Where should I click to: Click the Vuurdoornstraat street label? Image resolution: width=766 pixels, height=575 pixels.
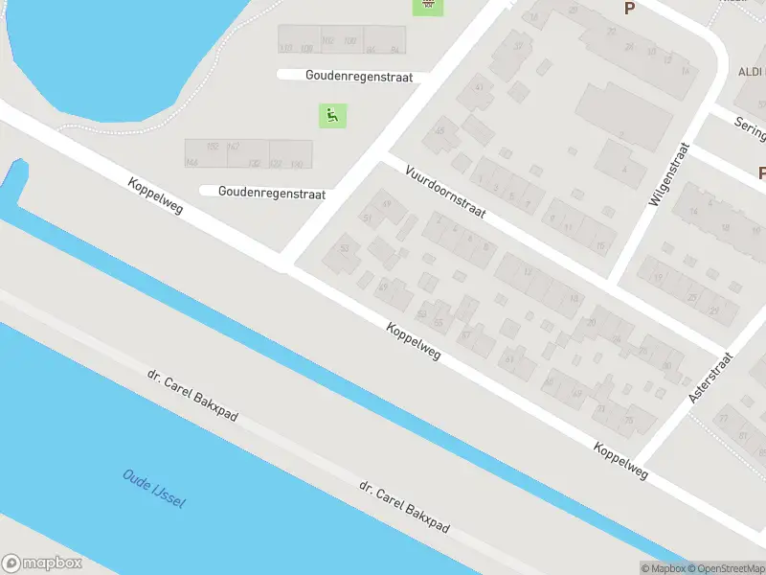(x=446, y=193)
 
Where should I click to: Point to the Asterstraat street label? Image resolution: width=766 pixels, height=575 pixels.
(x=710, y=376)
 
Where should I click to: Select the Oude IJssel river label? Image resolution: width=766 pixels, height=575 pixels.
(x=153, y=490)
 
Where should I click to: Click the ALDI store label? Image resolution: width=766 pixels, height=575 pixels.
(x=751, y=73)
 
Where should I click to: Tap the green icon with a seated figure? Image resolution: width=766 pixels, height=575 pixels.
(x=332, y=117)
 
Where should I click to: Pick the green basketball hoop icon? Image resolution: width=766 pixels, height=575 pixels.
(x=428, y=6)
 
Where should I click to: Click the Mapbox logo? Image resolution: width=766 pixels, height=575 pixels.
(x=41, y=563)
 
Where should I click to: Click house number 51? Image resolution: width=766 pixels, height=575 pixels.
(x=367, y=218)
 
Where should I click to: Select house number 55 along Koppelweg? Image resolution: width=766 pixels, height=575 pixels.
(x=439, y=323)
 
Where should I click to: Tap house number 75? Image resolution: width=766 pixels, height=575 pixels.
(x=628, y=419)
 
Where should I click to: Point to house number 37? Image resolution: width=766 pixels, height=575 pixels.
(x=519, y=46)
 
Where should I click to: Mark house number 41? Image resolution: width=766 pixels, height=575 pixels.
(x=479, y=88)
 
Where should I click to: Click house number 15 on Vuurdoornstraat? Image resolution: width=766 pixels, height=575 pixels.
(x=600, y=247)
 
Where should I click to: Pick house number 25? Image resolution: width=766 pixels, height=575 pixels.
(x=691, y=297)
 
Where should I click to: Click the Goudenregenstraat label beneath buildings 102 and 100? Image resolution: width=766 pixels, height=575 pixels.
(x=359, y=77)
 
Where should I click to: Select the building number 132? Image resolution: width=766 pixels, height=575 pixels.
(x=254, y=164)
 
